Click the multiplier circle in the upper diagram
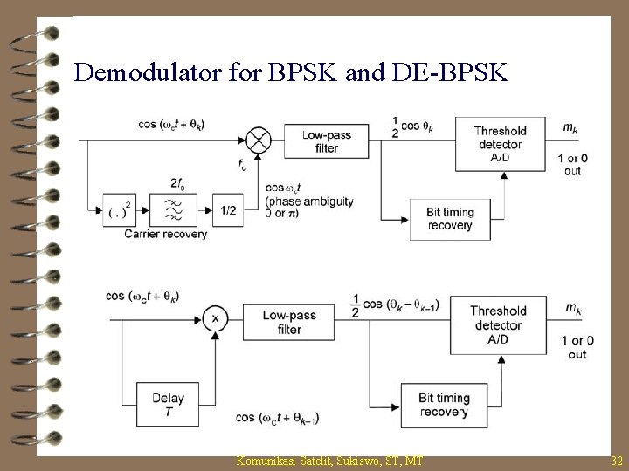(x=259, y=139)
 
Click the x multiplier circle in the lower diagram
(x=215, y=319)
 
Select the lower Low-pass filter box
(x=289, y=322)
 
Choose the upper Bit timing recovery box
(x=451, y=218)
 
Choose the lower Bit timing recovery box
(x=443, y=405)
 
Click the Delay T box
(x=168, y=404)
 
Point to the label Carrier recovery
(x=166, y=234)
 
